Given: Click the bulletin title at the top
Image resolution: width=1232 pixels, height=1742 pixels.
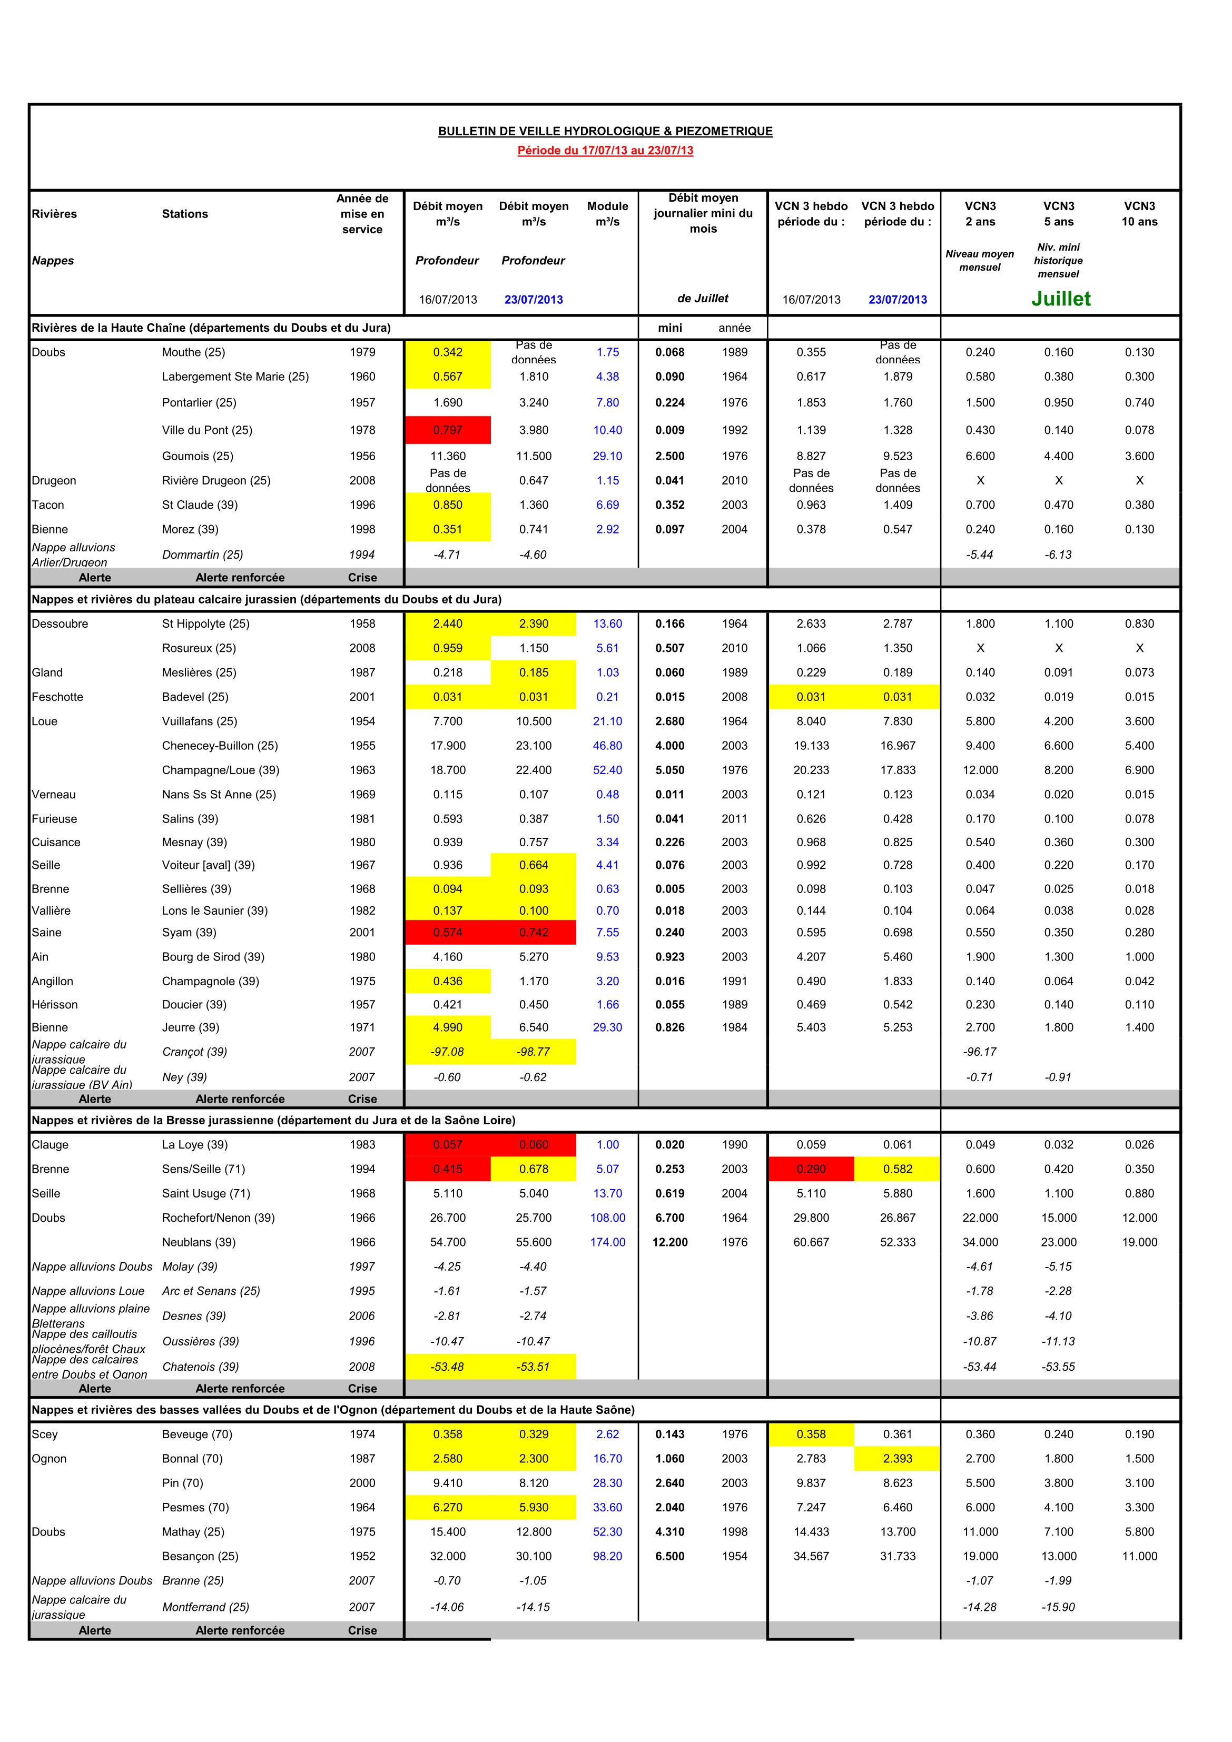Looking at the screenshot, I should pos(605,131).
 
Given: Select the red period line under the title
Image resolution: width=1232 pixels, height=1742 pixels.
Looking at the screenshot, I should pos(605,150).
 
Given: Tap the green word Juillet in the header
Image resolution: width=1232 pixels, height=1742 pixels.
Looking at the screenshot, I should pos(1060,299).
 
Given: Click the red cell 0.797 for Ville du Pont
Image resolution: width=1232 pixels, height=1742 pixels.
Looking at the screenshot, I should pos(448,430).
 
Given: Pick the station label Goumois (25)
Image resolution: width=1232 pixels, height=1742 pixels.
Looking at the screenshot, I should pos(198,456).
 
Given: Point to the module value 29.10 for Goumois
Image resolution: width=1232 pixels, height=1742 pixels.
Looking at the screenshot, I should pos(607,456).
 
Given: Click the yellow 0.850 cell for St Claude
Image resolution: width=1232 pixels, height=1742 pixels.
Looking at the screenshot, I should pos(448,504).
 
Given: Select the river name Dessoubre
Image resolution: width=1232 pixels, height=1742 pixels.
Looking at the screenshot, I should pos(60,623).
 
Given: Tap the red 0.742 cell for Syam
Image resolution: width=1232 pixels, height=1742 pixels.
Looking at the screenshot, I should pos(534,933).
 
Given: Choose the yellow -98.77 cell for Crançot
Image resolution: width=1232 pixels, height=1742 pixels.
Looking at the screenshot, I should pos(534,1052).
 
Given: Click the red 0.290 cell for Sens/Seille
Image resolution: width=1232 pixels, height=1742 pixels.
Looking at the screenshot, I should pos(811,1169).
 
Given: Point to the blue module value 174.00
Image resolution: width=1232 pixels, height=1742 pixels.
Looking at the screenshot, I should pos(607,1242).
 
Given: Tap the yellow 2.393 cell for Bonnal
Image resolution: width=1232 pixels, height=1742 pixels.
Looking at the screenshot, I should pos(897,1458).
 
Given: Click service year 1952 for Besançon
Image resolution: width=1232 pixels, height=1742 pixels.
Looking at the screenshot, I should pos(362,1556).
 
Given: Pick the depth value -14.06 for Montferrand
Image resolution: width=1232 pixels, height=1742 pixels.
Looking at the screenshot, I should pos(448,1607).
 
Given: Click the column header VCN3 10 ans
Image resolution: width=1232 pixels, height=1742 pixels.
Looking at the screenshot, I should pos(1139,214).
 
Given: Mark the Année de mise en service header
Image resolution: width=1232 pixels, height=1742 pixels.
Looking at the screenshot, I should pos(362,214).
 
